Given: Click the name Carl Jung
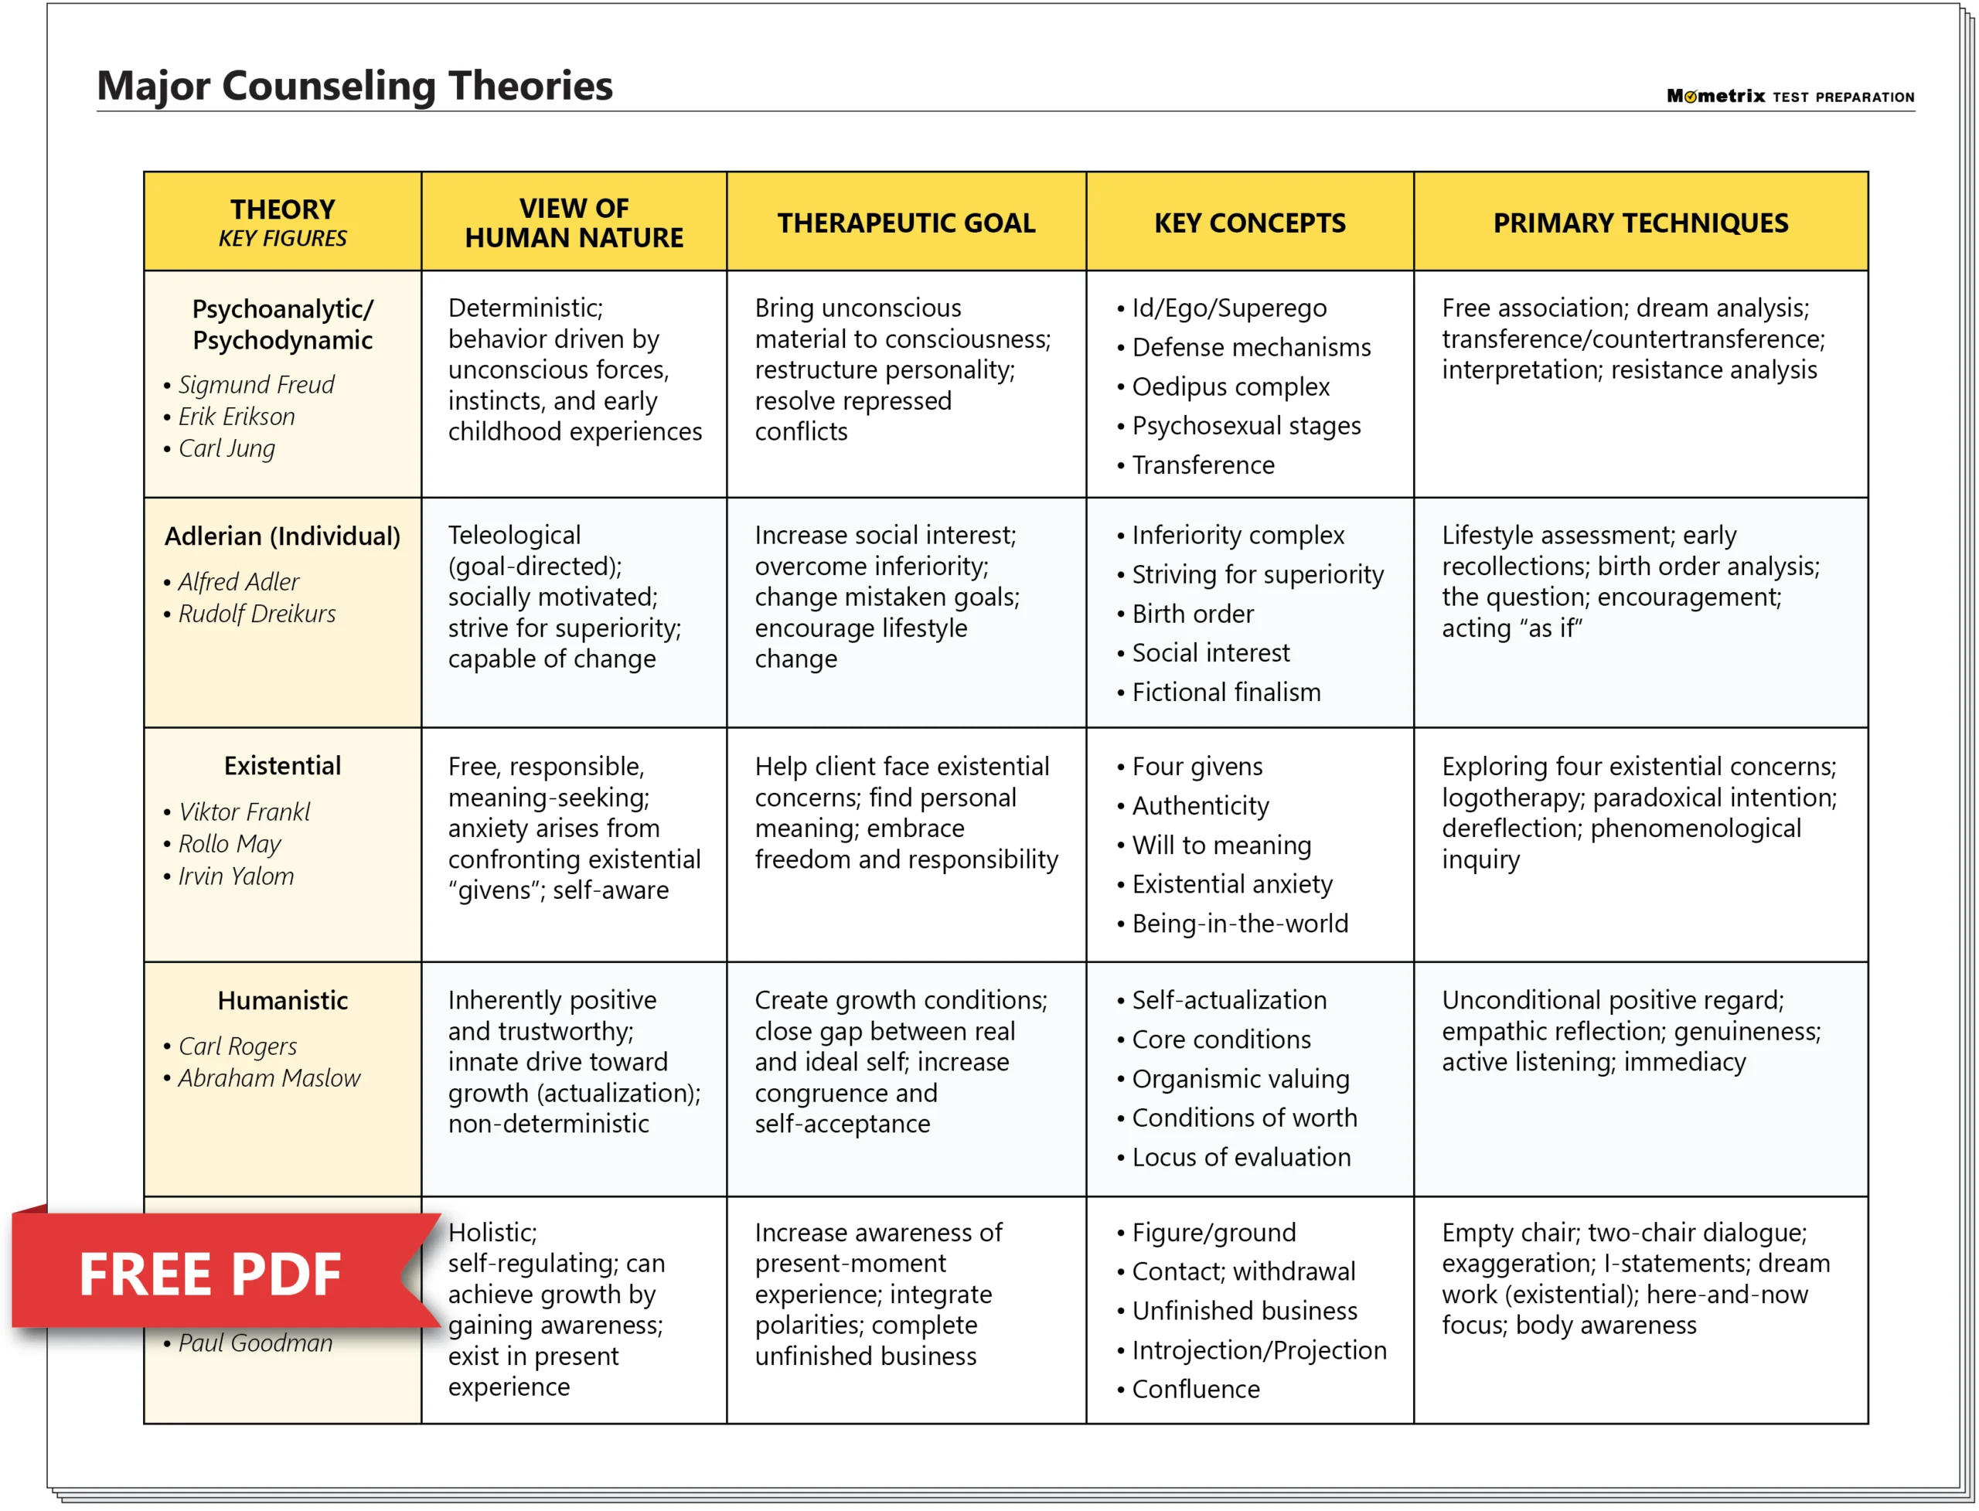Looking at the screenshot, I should point(227,448).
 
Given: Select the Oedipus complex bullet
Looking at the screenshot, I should point(1230,386).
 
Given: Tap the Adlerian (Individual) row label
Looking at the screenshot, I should point(282,536).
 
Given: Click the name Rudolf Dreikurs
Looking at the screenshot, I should point(257,614).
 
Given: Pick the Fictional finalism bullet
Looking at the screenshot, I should point(1225,693).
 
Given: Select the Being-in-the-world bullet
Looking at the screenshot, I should point(1238,924).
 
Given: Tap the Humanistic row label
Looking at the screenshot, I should point(282,1000).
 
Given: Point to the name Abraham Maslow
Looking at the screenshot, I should point(269,1077).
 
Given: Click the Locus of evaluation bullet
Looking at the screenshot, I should point(1241,1158).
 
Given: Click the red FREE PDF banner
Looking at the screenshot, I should point(210,1274).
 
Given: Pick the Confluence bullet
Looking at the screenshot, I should point(1194,1390).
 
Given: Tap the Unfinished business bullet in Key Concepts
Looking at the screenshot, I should point(1244,1312).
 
